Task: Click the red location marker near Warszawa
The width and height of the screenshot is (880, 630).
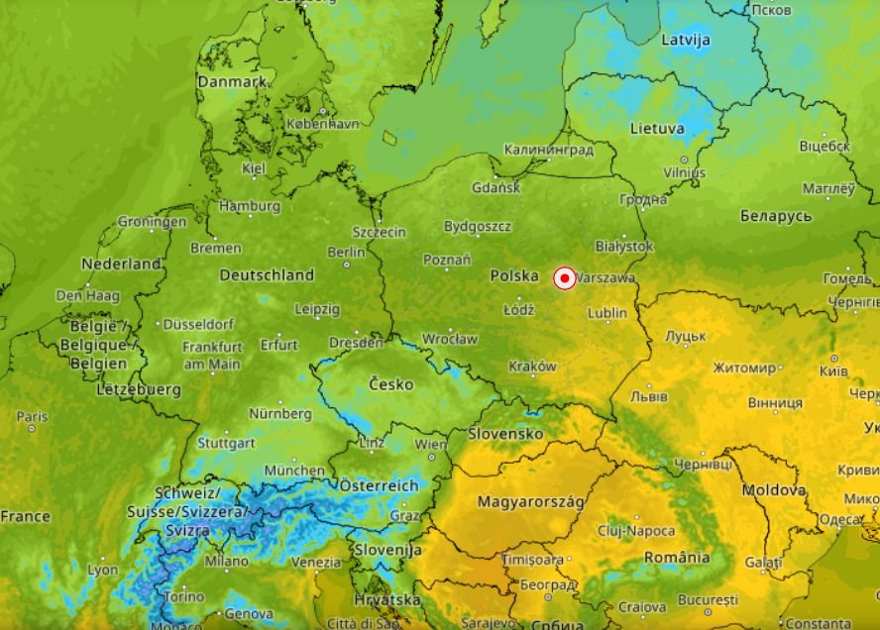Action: pos(565,279)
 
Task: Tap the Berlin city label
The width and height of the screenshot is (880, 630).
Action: pos(347,253)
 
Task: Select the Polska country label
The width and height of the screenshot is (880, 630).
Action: pos(514,275)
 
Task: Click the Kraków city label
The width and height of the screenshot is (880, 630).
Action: pos(533,367)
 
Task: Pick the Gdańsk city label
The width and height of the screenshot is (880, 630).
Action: pos(495,187)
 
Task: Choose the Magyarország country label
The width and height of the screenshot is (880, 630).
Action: pos(531,502)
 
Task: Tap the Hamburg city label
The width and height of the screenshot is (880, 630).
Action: pos(250,206)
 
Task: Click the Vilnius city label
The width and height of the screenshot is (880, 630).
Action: pos(684,172)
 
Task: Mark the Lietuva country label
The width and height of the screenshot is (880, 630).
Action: pos(657,129)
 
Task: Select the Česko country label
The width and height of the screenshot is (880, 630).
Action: pos(390,383)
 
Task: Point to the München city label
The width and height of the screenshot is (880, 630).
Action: pos(294,471)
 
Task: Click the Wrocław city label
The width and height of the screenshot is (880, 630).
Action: pos(450,339)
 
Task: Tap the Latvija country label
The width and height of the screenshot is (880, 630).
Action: pos(686,41)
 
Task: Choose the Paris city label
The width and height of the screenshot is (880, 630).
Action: pos(32,417)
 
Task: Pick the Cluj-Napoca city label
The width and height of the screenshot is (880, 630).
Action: pos(636,531)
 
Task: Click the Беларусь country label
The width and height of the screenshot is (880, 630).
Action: pos(776,216)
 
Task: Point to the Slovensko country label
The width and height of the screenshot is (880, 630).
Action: pos(505,434)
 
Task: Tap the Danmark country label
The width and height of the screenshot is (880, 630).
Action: pos(232,82)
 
